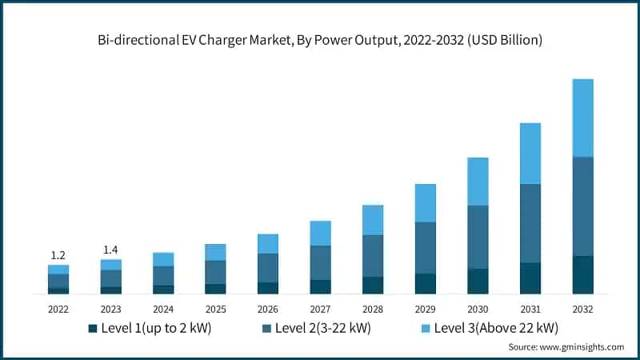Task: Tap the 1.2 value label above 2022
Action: coord(58,255)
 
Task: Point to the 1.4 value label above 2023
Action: coord(111,250)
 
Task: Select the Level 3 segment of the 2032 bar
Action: coord(583,118)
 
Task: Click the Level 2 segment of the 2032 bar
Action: coord(583,206)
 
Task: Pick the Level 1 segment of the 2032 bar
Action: coord(583,274)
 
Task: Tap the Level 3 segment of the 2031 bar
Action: coord(530,154)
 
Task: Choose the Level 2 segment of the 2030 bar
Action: coord(478,237)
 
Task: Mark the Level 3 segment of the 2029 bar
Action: coord(425,203)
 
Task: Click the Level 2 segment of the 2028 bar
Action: coord(372,256)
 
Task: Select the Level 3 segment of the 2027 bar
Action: coord(320,233)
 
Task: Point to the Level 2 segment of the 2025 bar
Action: coord(214,272)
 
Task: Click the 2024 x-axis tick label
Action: coord(163,309)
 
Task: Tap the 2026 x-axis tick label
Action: coord(268,309)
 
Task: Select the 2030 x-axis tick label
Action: coord(478,309)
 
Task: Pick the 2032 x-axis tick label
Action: coord(583,309)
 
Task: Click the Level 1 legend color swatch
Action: coord(93,328)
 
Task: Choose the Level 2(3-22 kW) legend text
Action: coord(322,328)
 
